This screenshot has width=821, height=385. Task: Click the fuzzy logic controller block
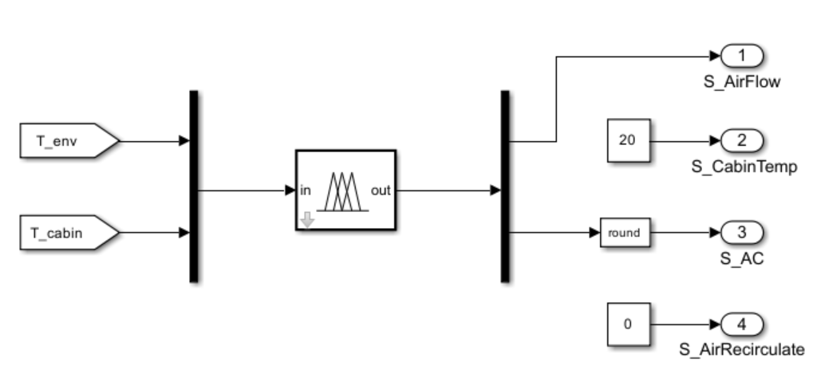tap(345, 190)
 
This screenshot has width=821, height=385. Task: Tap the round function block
tap(625, 234)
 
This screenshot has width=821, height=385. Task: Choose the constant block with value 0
tap(627, 325)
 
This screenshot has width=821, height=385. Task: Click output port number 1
tap(742, 57)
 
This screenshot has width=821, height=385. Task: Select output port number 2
tap(742, 142)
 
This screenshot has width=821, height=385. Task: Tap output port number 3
tap(742, 234)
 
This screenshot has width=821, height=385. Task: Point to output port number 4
tap(742, 325)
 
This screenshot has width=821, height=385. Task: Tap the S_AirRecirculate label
tap(741, 349)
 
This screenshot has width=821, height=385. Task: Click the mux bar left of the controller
tap(193, 187)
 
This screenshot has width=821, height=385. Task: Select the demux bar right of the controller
tap(504, 187)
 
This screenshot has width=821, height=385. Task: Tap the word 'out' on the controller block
tap(381, 191)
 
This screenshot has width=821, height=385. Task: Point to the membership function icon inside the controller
tap(343, 191)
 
